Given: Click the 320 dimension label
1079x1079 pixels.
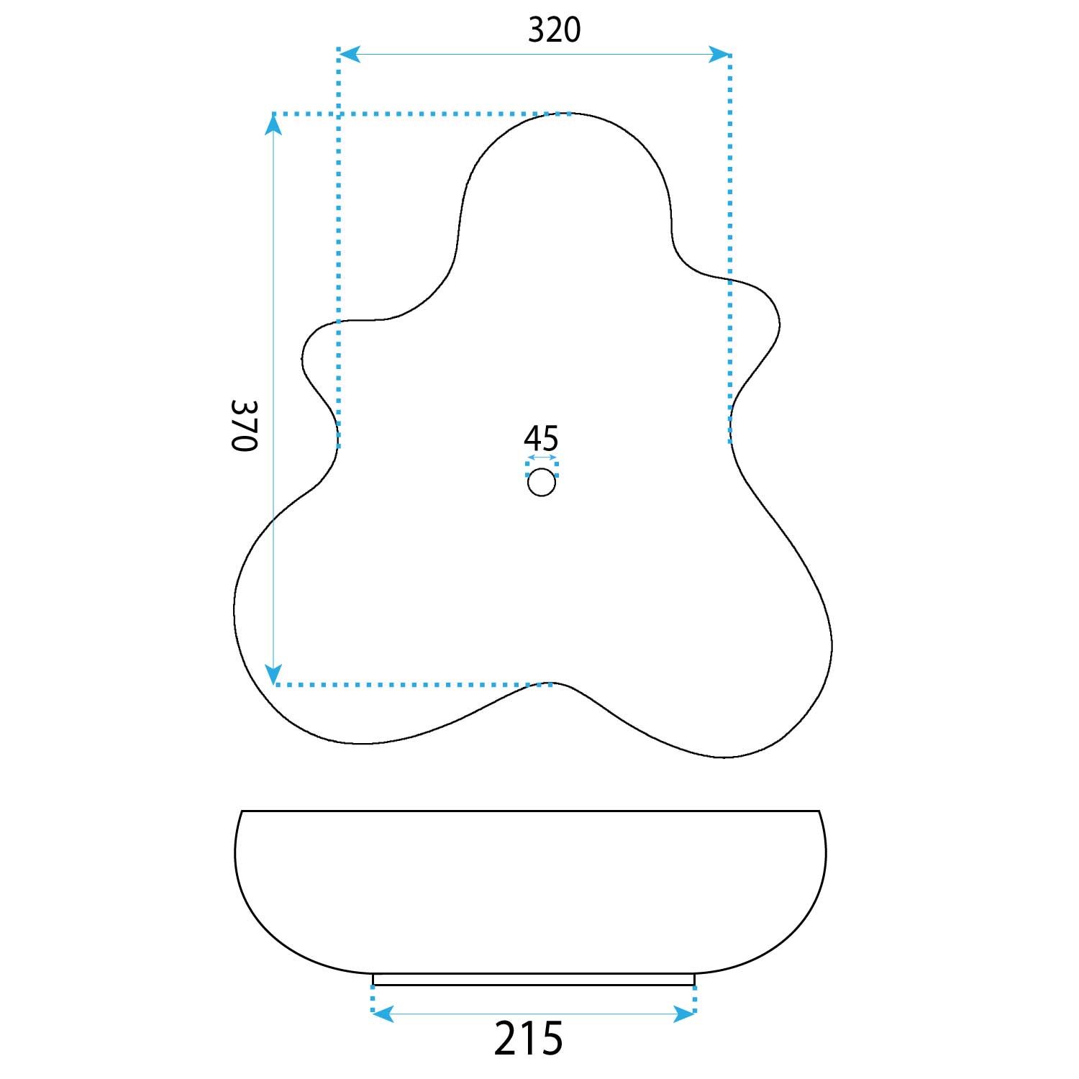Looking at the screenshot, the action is tap(554, 30).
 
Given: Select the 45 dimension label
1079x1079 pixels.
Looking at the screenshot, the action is tap(541, 437).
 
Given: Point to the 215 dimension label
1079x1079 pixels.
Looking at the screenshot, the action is tap(529, 1038).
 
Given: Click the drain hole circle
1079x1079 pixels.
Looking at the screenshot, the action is tap(542, 482).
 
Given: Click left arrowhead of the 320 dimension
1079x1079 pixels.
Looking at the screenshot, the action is tap(349, 54).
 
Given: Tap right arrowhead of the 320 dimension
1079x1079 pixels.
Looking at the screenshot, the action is tap(720, 54).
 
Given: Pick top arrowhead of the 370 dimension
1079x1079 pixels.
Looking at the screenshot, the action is tap(273, 125).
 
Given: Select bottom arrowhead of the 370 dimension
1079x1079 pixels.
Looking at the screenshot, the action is tap(273, 674).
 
